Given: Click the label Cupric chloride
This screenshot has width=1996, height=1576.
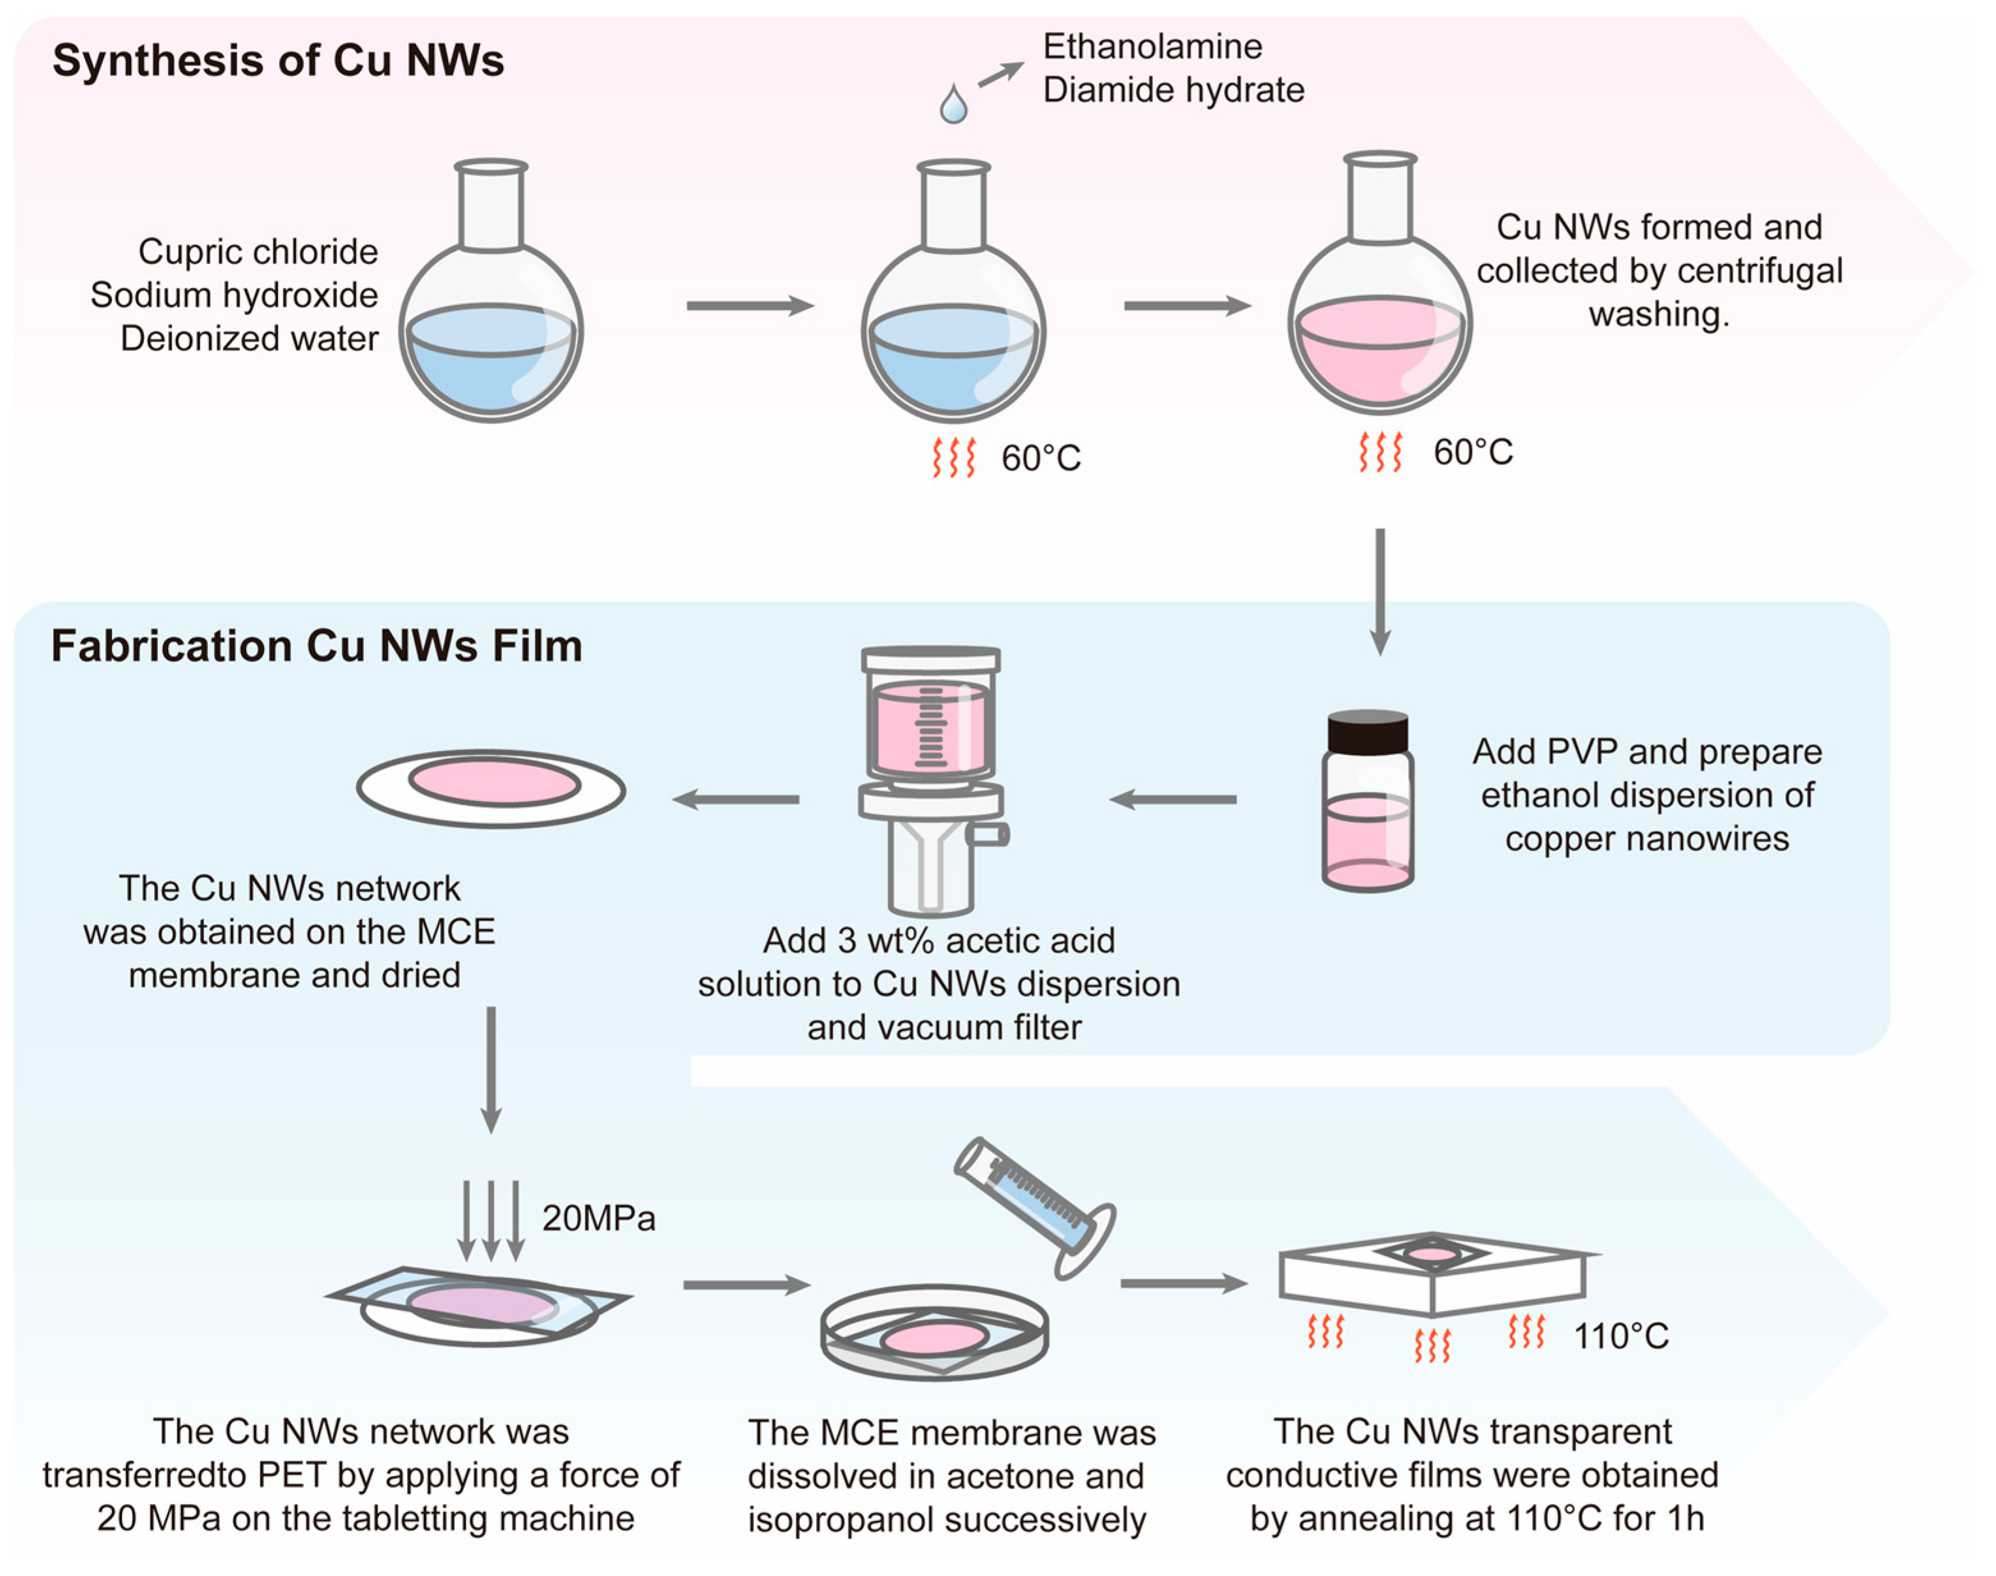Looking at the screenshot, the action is tap(258, 251).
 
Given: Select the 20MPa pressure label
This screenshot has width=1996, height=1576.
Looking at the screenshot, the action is tap(598, 1218).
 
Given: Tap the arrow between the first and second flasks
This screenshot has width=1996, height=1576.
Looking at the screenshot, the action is tap(749, 306).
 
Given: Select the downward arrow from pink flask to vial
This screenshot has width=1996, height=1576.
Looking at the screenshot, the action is tap(1379, 591).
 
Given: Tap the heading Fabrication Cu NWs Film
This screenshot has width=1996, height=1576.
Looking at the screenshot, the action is tap(316, 646).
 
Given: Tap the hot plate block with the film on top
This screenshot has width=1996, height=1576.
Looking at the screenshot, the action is tap(1432, 1278).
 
